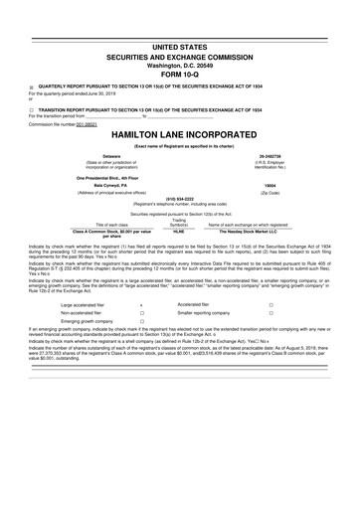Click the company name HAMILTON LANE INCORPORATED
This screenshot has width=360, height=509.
[180, 133]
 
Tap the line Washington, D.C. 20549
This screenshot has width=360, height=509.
[180, 62]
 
